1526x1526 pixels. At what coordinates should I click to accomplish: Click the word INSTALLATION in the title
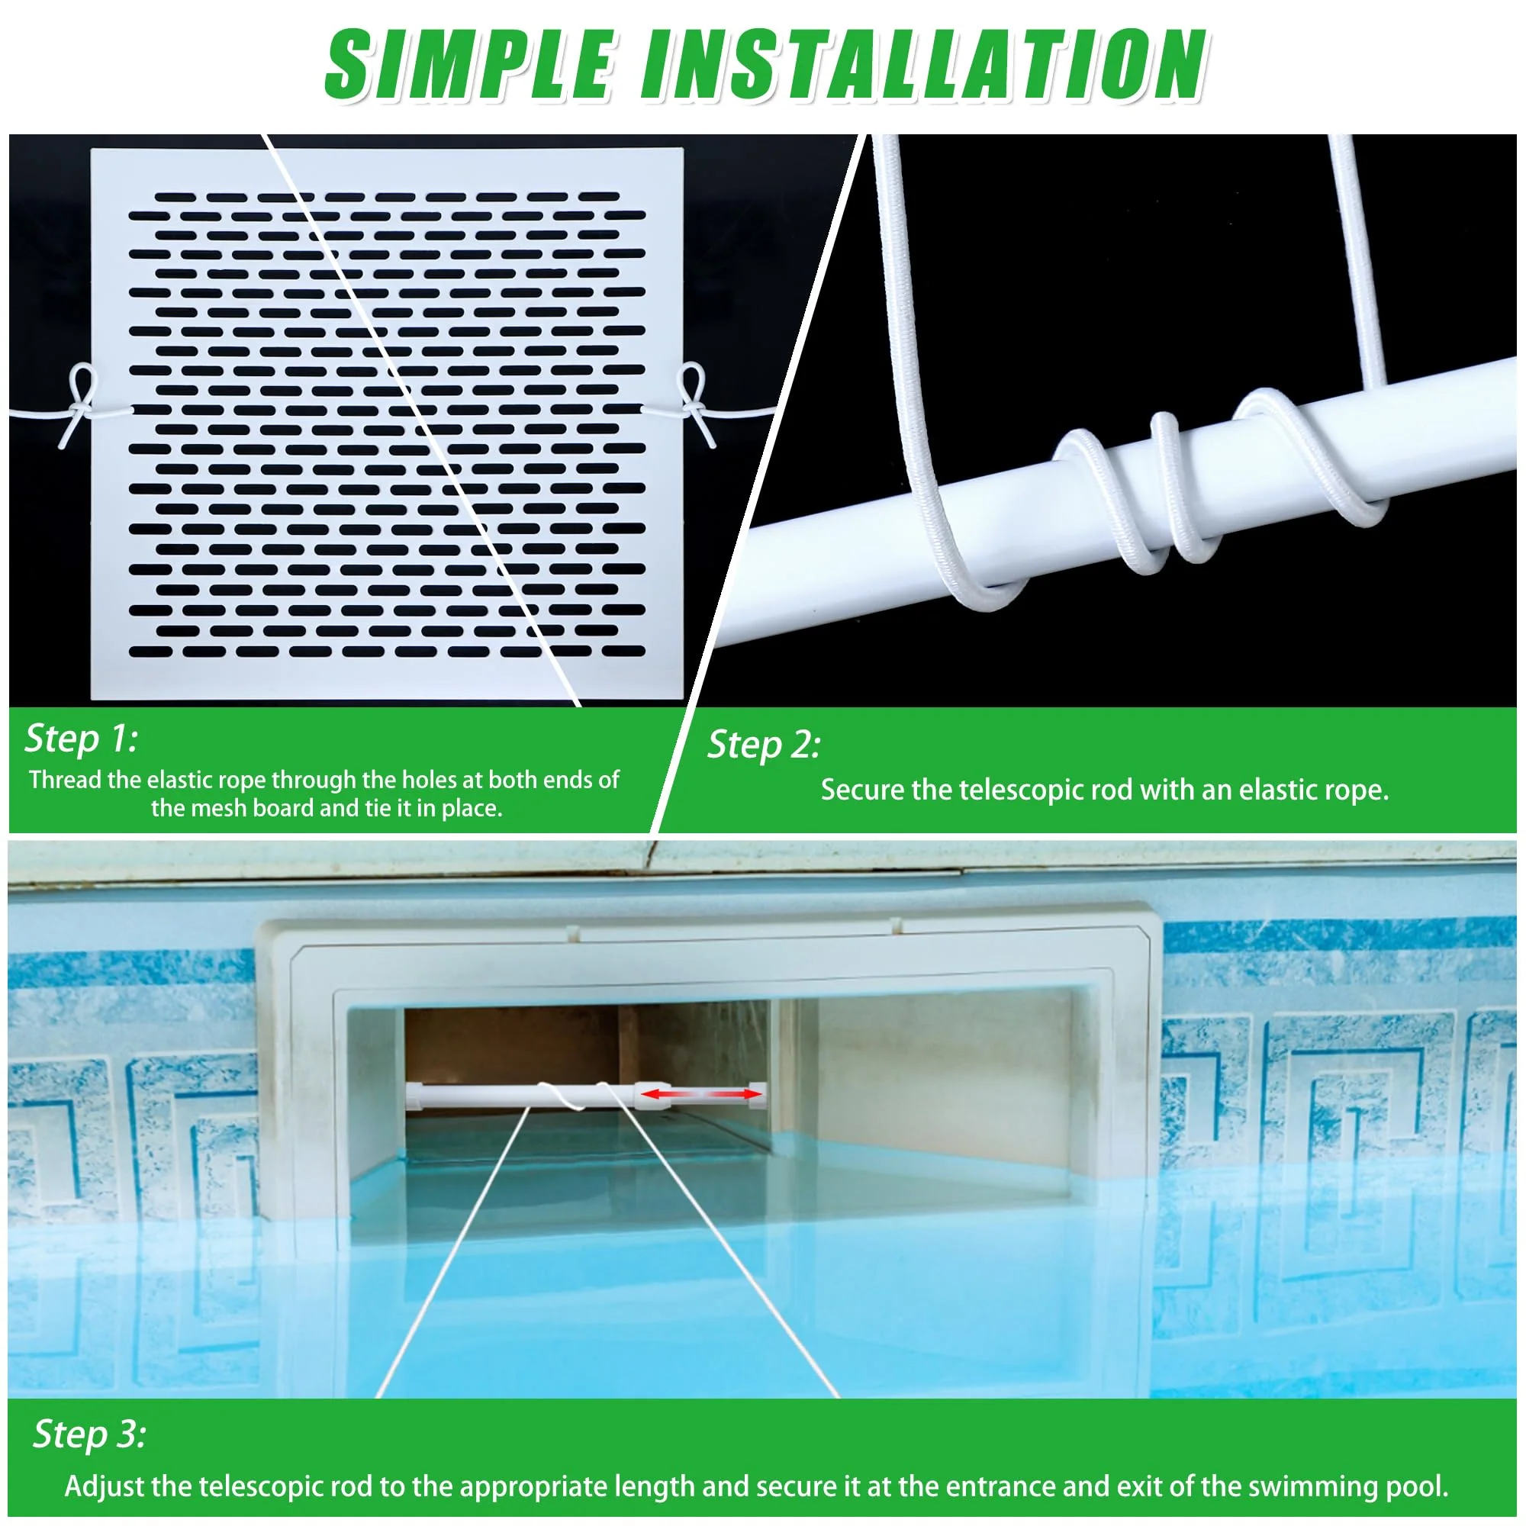(925, 65)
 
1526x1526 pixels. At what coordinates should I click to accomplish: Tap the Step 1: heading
(82, 739)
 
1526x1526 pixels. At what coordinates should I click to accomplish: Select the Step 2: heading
(764, 745)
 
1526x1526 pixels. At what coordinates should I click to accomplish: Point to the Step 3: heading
(89, 1434)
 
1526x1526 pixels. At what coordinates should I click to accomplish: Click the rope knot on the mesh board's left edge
(80, 406)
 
